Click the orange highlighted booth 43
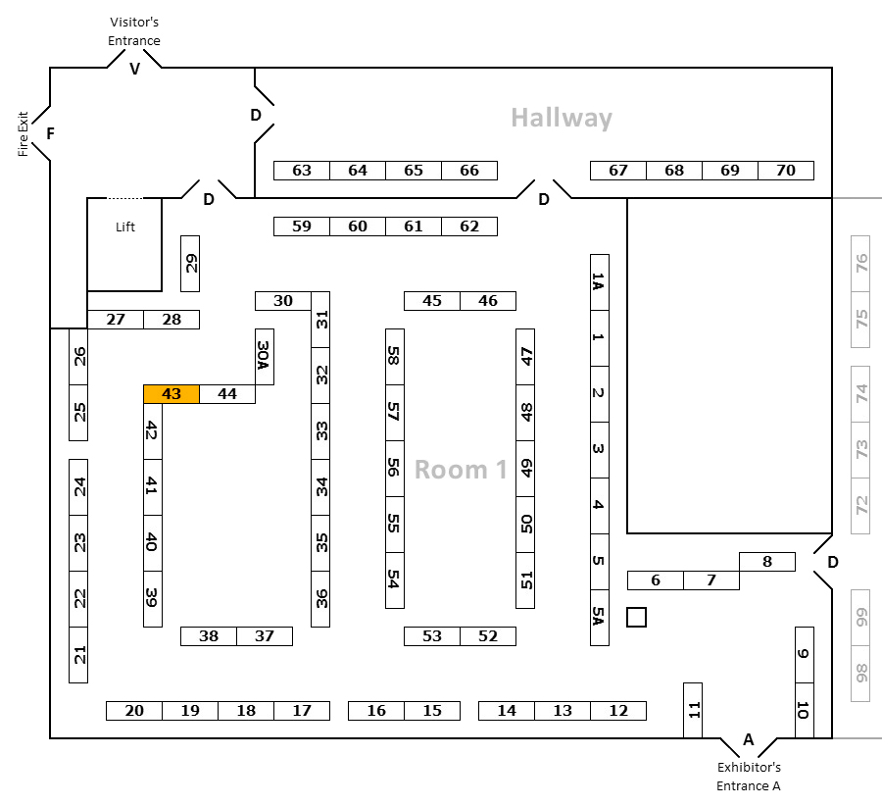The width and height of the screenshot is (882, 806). (x=171, y=394)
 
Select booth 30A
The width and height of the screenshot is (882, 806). (x=265, y=357)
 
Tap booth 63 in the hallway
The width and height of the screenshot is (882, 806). (x=302, y=171)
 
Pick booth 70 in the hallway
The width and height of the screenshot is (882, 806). (x=786, y=171)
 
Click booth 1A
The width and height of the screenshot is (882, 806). (x=600, y=282)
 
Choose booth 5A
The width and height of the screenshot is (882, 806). (x=600, y=618)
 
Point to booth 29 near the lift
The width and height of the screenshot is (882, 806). (x=190, y=264)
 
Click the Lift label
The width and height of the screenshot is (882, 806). (x=124, y=227)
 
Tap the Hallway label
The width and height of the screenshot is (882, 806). (x=562, y=119)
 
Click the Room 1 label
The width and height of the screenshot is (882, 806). (x=461, y=470)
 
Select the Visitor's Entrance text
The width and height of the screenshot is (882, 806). (x=134, y=31)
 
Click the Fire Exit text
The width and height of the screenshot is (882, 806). (x=23, y=134)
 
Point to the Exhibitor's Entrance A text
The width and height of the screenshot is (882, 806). (x=749, y=777)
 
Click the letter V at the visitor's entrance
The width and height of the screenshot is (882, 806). (x=134, y=70)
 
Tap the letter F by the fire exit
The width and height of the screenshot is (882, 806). (x=51, y=134)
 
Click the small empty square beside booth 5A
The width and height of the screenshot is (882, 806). (x=636, y=618)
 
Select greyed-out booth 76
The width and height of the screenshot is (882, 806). (x=860, y=264)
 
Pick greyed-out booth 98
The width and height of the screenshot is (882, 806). (x=860, y=674)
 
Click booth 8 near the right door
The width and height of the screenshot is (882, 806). (x=767, y=562)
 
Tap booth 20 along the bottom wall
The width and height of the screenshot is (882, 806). (x=134, y=711)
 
